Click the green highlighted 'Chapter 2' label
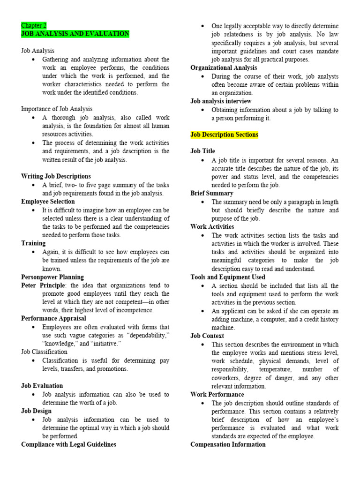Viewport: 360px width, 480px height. pyautogui.click(x=34, y=25)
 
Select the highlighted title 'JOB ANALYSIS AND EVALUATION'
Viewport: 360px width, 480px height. pyautogui.click(x=75, y=34)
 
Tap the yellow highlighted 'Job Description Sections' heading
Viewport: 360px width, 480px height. pyautogui.click(x=224, y=135)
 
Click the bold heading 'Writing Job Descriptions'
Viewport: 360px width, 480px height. pyautogui.click(x=56, y=176)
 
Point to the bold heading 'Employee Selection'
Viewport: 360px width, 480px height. pyautogui.click(x=48, y=202)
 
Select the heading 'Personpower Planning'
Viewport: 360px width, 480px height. pyautogui.click(x=52, y=277)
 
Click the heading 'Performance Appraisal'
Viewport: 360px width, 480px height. pyautogui.click(x=53, y=318)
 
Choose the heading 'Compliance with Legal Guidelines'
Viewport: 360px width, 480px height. pyautogui.click(x=68, y=444)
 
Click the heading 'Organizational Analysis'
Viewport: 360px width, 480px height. pyautogui.click(x=224, y=67)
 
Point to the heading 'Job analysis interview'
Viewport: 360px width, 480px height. pyautogui.click(x=221, y=101)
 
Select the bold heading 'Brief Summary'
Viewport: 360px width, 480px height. pyautogui.click(x=212, y=193)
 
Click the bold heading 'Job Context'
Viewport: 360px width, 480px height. pyautogui.click(x=207, y=336)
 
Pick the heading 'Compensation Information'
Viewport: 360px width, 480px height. pyautogui.click(x=228, y=444)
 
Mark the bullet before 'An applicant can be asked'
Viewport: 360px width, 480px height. pyautogui.click(x=202, y=311)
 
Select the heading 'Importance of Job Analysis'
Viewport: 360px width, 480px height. pyautogui.click(x=57, y=109)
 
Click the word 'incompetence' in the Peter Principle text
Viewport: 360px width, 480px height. pyautogui.click(x=134, y=310)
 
